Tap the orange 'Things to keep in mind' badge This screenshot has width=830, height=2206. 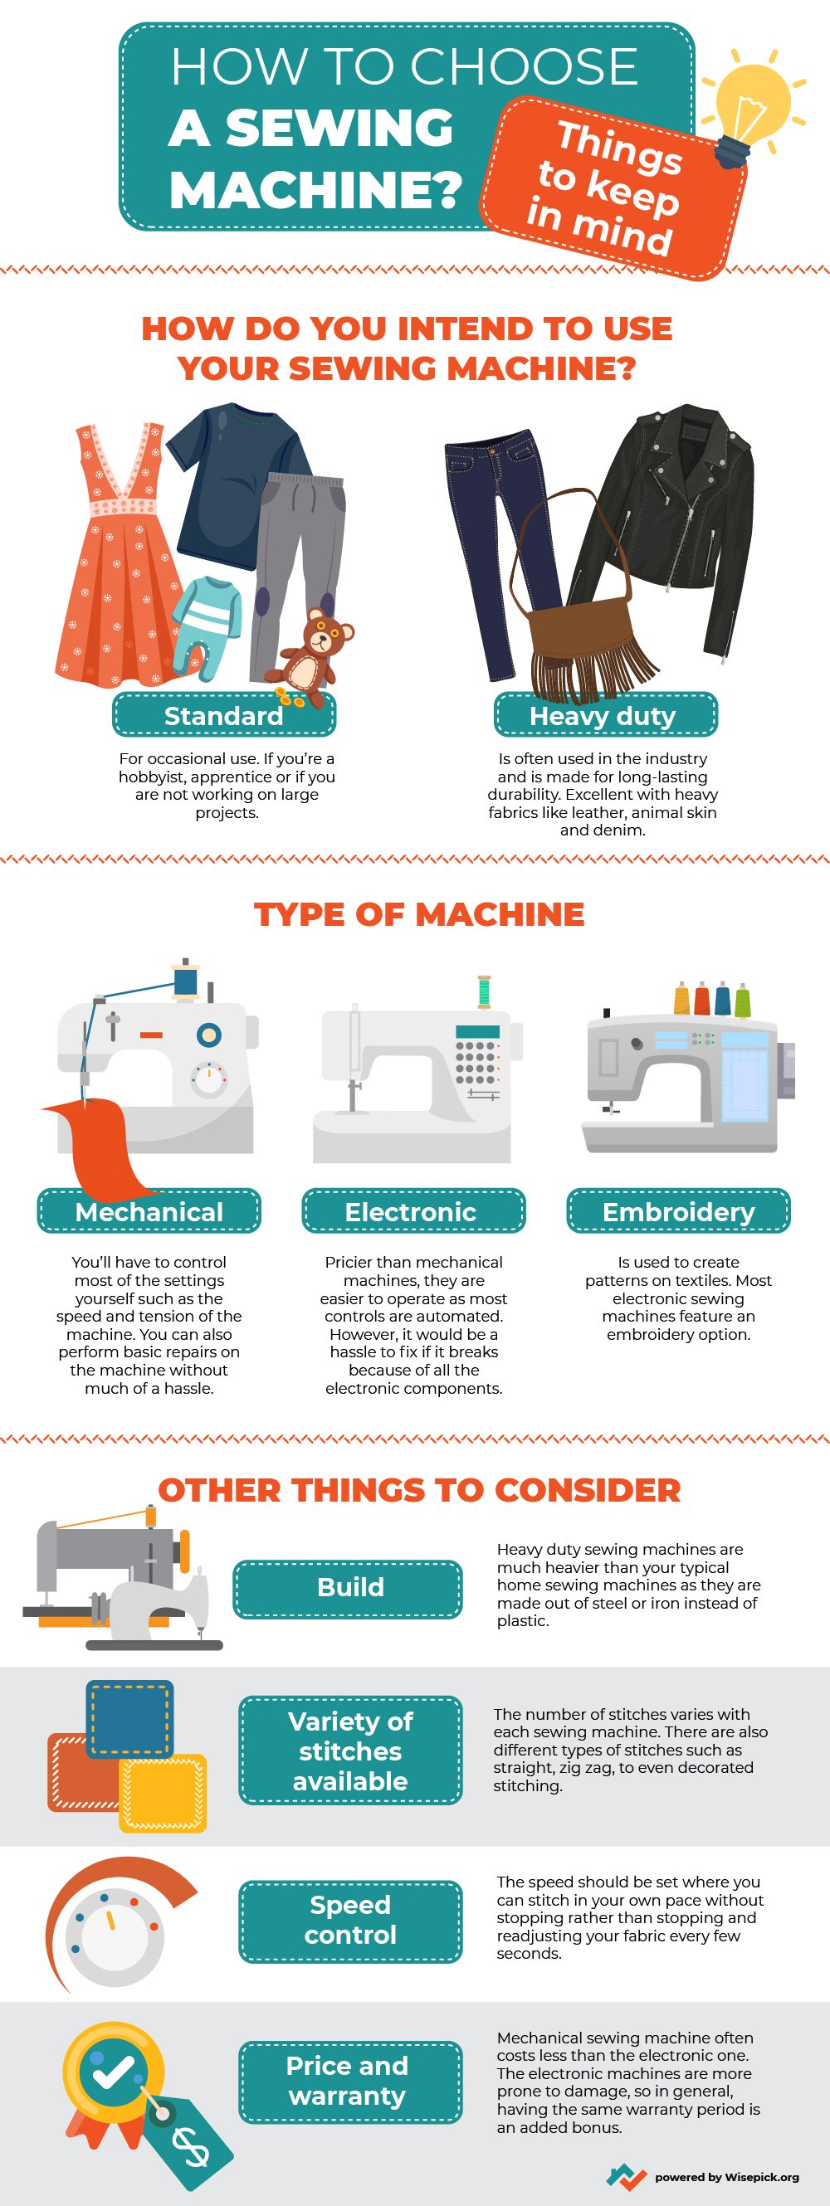(x=610, y=188)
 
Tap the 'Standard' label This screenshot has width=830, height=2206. (x=223, y=715)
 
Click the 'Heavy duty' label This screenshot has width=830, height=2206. (x=604, y=715)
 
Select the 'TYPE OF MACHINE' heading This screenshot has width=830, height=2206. (x=419, y=913)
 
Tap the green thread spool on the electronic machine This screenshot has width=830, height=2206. (x=484, y=991)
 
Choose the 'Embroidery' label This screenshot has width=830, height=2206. (x=678, y=1211)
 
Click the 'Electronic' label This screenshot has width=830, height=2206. (x=411, y=1211)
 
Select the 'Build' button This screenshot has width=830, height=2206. (x=349, y=1587)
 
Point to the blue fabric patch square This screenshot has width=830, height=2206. (x=129, y=1718)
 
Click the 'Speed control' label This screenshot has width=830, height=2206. (x=349, y=1919)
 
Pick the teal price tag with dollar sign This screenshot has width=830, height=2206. (x=188, y=2142)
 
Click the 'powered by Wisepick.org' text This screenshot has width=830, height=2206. (x=725, y=2176)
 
